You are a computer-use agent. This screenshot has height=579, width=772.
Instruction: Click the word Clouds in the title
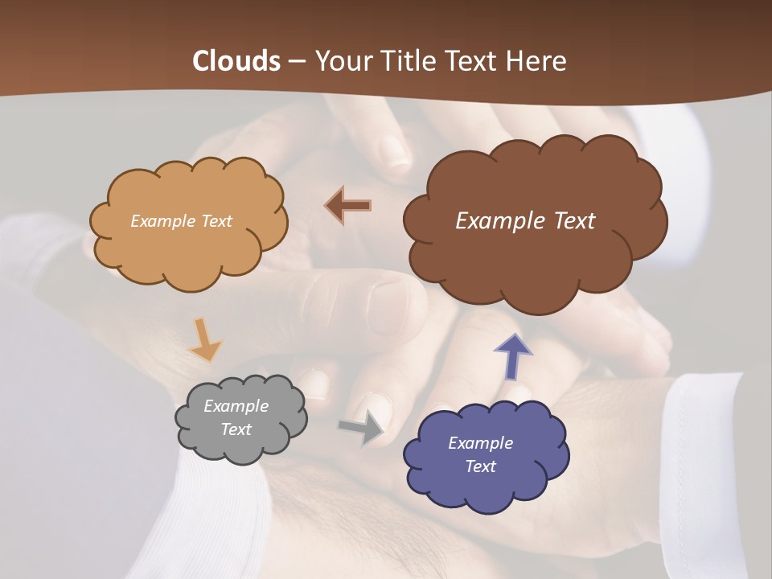coord(236,61)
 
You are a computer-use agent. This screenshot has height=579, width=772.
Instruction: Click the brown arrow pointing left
coord(348,206)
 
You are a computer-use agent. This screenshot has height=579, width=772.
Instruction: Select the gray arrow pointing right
coord(362,429)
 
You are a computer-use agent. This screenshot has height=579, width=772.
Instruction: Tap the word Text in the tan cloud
coord(216,221)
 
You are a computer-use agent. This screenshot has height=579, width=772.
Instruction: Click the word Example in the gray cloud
coord(236,406)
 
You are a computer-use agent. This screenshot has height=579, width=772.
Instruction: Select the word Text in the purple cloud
coord(480,466)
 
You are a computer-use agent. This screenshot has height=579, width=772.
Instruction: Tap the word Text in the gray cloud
coord(236,429)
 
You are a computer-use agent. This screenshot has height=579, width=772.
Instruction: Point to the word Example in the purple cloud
coord(480,443)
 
